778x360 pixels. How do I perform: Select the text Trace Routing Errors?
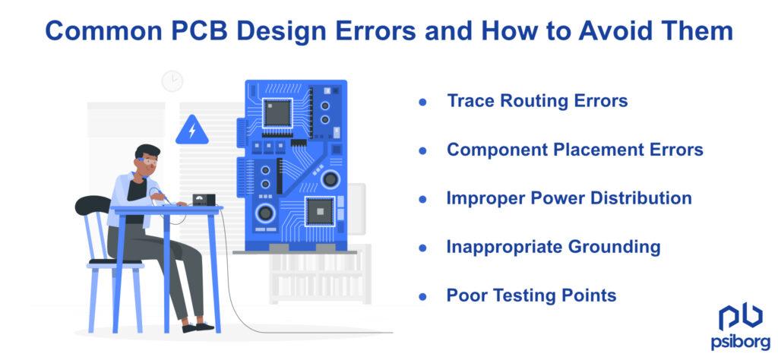(x=537, y=101)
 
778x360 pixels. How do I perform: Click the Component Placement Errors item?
(x=574, y=150)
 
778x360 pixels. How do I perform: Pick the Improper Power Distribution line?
(x=569, y=198)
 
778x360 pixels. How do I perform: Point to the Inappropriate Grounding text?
(x=553, y=247)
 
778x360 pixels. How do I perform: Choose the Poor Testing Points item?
(x=531, y=295)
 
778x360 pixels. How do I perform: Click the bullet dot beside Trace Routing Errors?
(x=422, y=102)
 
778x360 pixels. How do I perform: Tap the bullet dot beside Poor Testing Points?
(x=422, y=296)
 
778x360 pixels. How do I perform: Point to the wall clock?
(x=172, y=81)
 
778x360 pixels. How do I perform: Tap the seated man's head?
(x=147, y=159)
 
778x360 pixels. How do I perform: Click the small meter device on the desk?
(x=203, y=200)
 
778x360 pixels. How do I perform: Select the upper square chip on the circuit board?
(x=277, y=113)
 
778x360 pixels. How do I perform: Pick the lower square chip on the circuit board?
(x=319, y=210)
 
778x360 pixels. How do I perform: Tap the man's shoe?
(x=204, y=327)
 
